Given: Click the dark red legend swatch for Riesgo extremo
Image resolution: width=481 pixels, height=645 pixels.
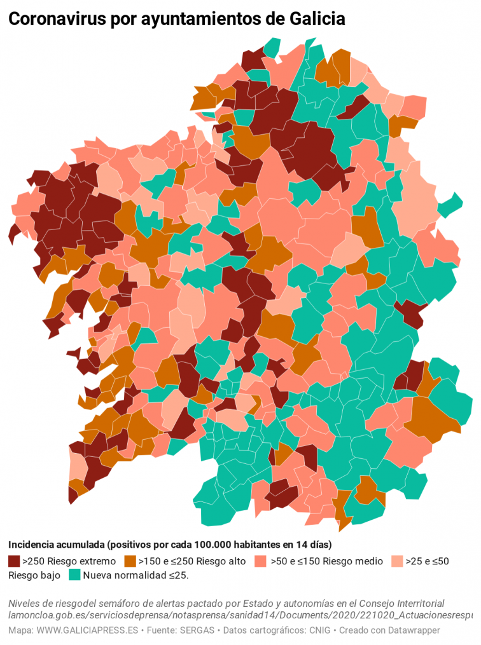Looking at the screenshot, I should pyautogui.click(x=14, y=561).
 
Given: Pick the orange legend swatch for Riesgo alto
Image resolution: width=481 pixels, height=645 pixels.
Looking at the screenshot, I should pyautogui.click(x=130, y=561).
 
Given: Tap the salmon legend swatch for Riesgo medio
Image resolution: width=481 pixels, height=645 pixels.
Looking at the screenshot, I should pyautogui.click(x=259, y=561).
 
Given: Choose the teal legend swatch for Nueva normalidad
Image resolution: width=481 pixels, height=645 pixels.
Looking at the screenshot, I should pyautogui.click(x=74, y=575).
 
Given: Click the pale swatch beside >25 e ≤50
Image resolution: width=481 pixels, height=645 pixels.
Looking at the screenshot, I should pyautogui.click(x=396, y=561).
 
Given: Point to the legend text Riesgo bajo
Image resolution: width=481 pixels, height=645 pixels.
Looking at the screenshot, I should pyautogui.click(x=34, y=576).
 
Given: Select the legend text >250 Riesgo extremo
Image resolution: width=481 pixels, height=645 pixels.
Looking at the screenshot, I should pyautogui.click(x=69, y=561).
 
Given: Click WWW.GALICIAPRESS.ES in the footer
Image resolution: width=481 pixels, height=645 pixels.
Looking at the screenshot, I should pyautogui.click(x=87, y=630).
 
